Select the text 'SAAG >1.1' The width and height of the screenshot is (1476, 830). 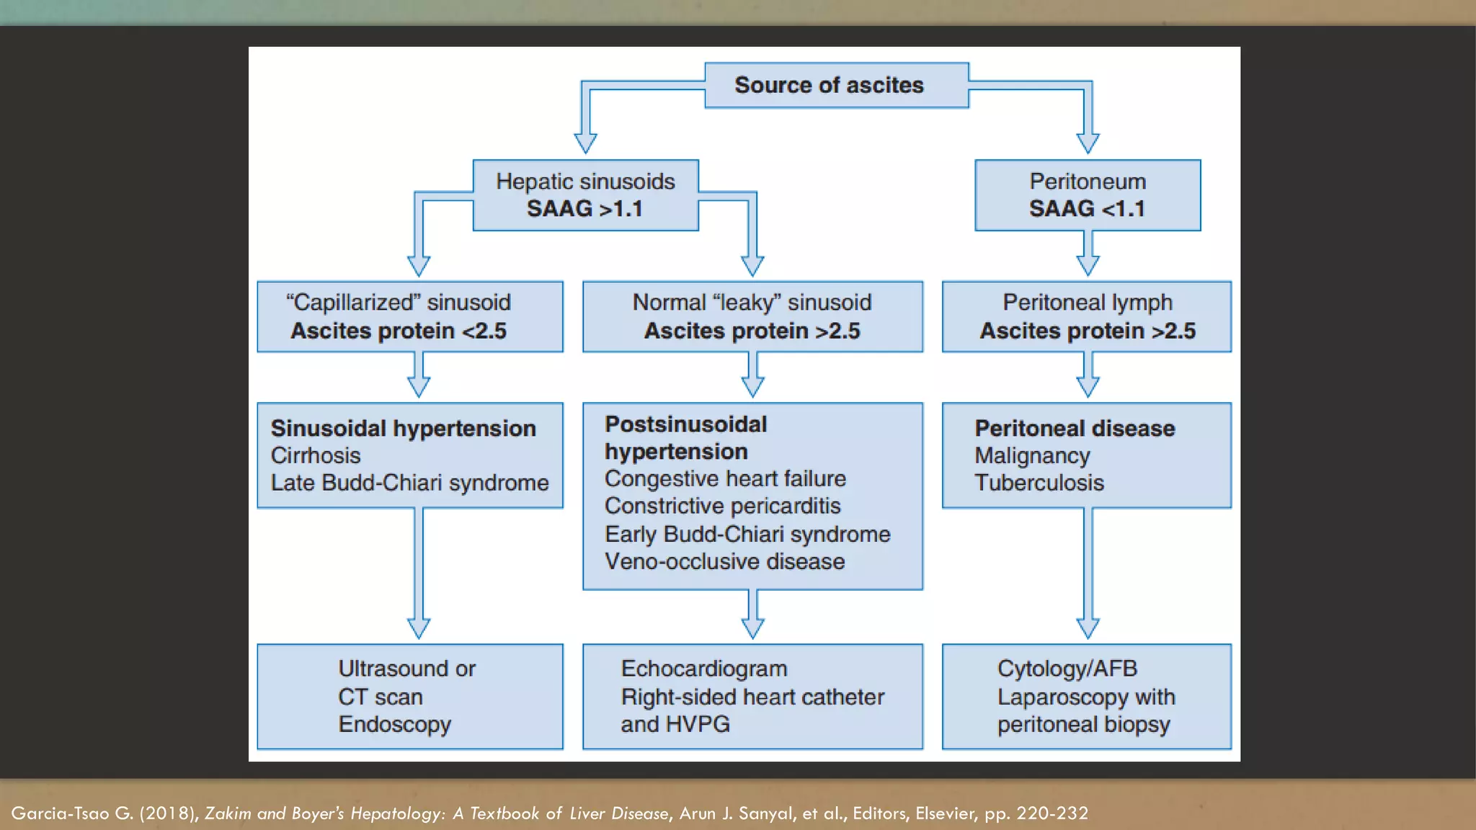point(584,209)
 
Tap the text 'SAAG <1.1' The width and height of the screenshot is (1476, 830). point(1087,209)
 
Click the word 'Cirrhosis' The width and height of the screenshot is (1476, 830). point(316,455)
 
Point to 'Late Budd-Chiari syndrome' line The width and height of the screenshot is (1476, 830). point(409,483)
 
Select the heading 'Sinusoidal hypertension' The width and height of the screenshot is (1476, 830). point(403,428)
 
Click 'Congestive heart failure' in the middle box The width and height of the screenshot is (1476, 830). point(725,478)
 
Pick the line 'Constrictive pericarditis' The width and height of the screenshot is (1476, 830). point(722,506)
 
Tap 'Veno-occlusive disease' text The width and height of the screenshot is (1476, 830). point(724,561)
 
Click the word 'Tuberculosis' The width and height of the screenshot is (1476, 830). point(1039,483)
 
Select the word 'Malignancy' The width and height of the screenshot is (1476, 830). point(1032,455)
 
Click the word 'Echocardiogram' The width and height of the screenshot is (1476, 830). point(703,669)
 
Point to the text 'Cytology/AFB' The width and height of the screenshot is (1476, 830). point(1067,669)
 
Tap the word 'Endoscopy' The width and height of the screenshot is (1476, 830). point(394,724)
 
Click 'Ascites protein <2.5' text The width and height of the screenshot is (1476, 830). point(399,331)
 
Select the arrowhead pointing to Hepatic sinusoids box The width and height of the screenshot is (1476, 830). point(585,143)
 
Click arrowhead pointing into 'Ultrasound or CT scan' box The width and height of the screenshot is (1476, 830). point(419,628)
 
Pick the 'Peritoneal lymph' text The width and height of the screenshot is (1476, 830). point(1087,302)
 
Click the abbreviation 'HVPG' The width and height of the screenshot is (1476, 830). point(698,724)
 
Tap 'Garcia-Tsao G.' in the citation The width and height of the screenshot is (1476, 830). point(72,813)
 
